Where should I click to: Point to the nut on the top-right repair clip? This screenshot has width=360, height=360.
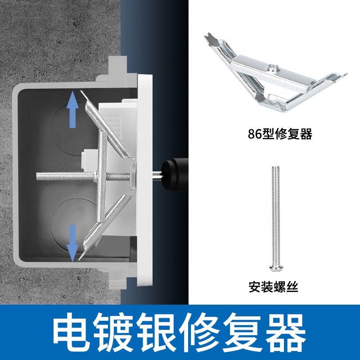[x=272, y=68]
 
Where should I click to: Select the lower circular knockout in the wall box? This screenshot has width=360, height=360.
[x=67, y=223]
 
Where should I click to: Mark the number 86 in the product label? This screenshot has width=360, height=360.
[x=255, y=134]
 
